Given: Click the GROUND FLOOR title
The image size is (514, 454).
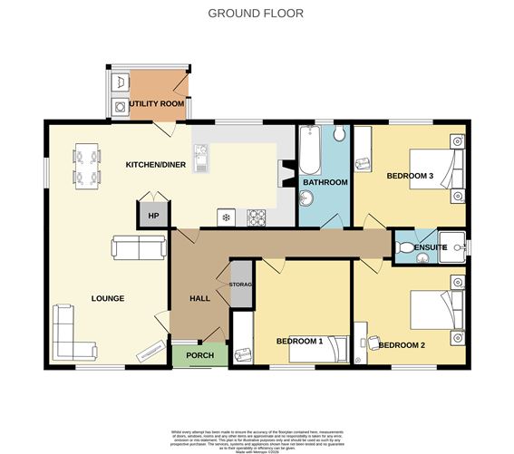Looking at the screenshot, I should pos(256,13).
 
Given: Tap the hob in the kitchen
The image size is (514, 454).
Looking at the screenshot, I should pos(257,217).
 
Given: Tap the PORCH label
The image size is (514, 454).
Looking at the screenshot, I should pos(199,355).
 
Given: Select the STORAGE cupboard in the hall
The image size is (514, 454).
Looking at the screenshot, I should pos(241,285).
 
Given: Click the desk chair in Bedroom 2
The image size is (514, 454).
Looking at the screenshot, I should pos(373,343).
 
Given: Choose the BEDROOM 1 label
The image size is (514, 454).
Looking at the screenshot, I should pos(299,341).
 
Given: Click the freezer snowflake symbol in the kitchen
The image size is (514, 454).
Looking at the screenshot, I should pos(225,217).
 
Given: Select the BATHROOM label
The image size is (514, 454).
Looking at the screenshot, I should pos(325,182).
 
